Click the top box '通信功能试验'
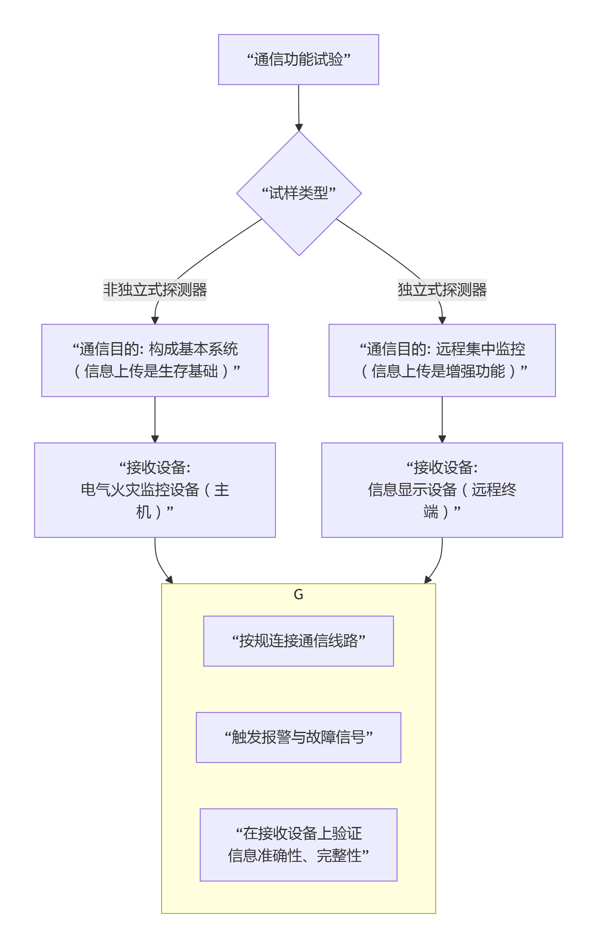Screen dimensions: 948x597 click(x=298, y=60)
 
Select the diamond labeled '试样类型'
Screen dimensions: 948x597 click(x=298, y=193)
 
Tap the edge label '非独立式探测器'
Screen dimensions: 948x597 click(x=155, y=290)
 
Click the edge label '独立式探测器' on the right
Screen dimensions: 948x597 click(x=442, y=290)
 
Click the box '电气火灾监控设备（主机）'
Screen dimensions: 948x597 click(x=155, y=489)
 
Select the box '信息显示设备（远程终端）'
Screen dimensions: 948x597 click(x=442, y=489)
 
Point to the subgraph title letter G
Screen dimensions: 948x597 click(x=298, y=594)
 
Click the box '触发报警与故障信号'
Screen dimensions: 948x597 click(x=298, y=737)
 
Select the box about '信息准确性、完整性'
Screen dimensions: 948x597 click(x=298, y=845)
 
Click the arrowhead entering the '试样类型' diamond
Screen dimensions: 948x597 click(x=299, y=127)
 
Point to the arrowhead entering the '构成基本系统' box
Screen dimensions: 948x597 click(x=155, y=321)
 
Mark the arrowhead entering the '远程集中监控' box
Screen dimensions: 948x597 click(x=442, y=321)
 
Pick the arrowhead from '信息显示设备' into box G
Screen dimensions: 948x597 click(x=428, y=580)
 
